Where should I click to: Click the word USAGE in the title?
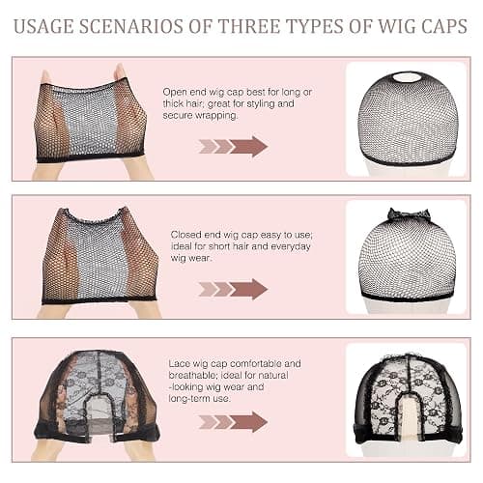tap(43, 26)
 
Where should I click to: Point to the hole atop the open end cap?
tap(407, 78)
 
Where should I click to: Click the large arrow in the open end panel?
tap(249, 146)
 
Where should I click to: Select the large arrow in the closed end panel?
tap(249, 289)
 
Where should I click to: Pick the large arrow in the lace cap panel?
tap(249, 421)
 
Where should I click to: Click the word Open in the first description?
tap(175, 93)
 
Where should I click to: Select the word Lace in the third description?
tap(180, 363)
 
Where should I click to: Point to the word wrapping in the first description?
tap(216, 116)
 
